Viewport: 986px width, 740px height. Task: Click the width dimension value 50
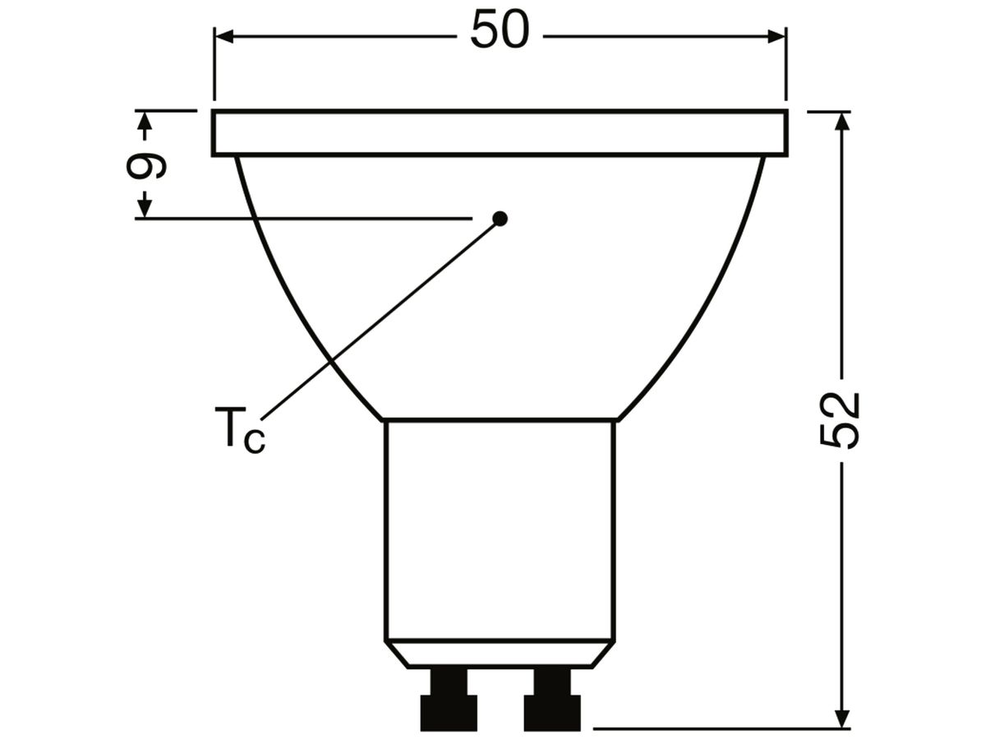[500, 30]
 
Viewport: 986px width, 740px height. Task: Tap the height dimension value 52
[839, 420]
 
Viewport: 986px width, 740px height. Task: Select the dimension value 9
[146, 165]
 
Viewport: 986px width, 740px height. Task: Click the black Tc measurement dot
[500, 219]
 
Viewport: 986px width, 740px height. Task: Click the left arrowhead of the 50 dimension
[224, 37]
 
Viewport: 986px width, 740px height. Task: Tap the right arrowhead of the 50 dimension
[776, 37]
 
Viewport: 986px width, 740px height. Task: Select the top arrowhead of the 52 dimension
[841, 122]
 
